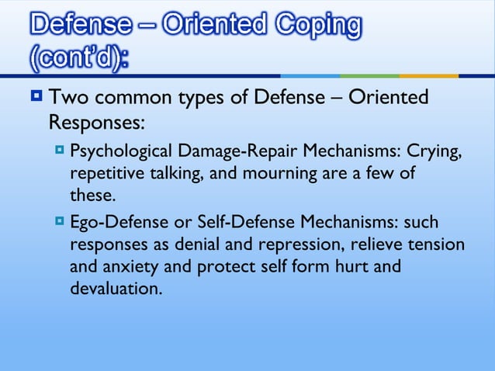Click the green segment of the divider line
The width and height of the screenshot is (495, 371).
[x=369, y=76]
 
